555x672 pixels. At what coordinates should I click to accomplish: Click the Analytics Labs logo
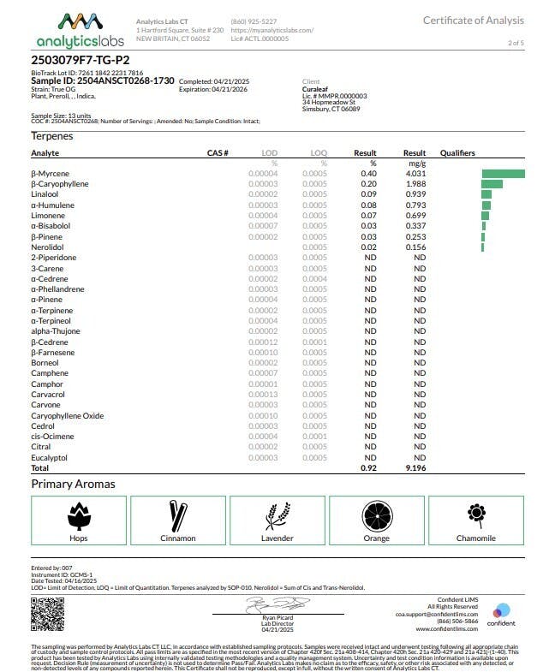click(80, 30)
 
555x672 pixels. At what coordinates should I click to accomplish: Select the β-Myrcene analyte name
click(51, 174)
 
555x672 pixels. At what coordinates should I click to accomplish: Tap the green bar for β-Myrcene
click(503, 174)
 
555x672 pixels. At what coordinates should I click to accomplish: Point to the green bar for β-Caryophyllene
click(492, 184)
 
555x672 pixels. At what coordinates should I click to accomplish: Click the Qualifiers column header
click(457, 152)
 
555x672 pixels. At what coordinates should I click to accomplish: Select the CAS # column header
click(218, 152)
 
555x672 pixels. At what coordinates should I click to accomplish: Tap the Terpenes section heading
click(52, 136)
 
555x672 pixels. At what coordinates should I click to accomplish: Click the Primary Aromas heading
click(73, 484)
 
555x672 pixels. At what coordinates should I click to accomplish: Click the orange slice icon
click(376, 515)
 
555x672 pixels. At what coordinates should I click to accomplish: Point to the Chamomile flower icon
click(474, 514)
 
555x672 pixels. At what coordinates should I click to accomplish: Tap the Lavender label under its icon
click(277, 538)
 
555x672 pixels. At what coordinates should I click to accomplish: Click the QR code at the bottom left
click(48, 613)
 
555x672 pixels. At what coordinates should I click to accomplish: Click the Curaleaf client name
click(317, 90)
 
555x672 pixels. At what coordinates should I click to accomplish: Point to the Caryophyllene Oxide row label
click(68, 416)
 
